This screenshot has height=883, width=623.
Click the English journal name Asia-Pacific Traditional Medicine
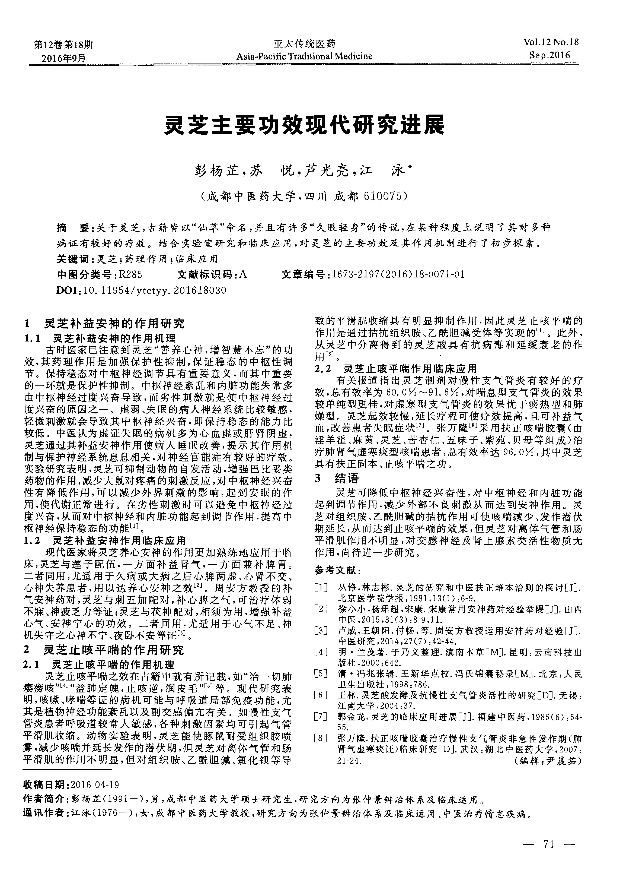coord(304,56)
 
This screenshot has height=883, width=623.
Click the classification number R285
coord(131,275)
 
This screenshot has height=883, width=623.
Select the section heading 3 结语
coord(336,479)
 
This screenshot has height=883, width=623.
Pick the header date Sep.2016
coord(549,55)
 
